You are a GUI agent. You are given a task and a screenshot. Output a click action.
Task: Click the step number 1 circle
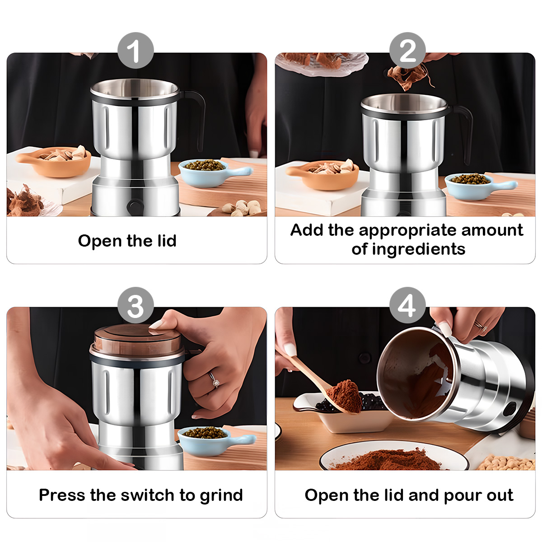click(x=135, y=51)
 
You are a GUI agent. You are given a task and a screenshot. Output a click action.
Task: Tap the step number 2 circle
click(x=407, y=51)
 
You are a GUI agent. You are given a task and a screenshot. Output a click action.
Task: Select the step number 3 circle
click(x=135, y=305)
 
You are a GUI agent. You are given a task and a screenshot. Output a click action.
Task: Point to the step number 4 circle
click(x=407, y=305)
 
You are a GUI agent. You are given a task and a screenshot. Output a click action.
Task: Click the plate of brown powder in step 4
click(x=393, y=458)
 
